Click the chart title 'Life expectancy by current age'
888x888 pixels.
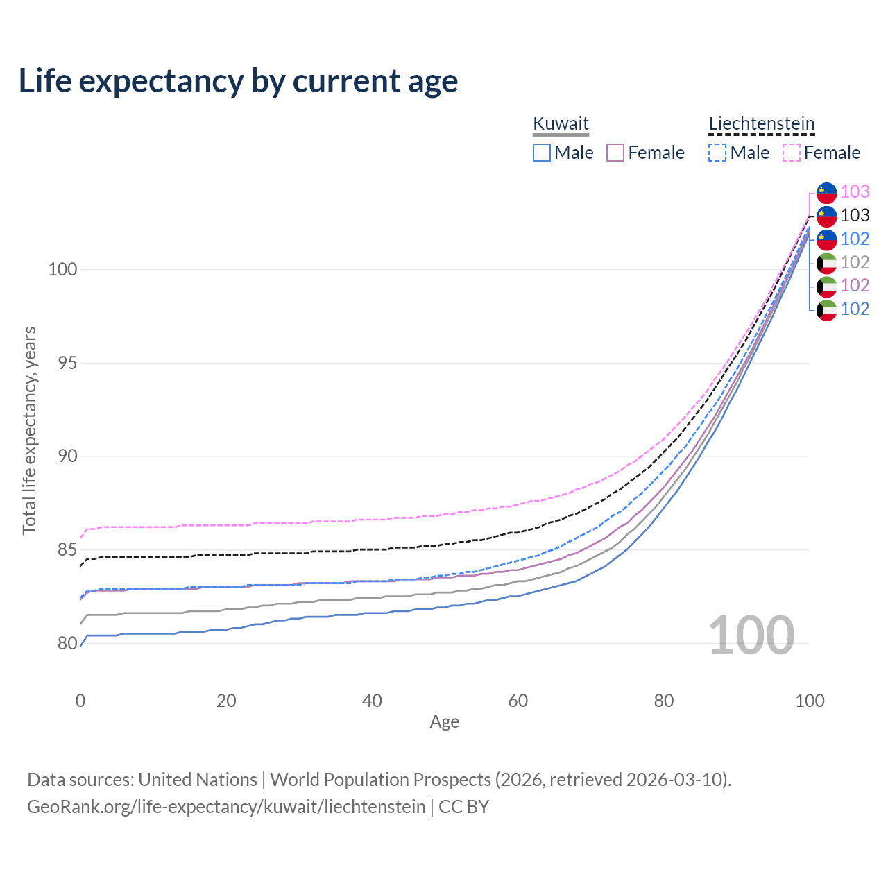point(238,81)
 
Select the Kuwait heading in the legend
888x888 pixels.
point(561,123)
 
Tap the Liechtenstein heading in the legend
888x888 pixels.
point(761,123)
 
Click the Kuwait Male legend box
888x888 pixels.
point(542,153)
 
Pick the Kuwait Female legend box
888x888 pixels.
point(615,153)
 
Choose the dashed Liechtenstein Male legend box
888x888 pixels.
point(717,153)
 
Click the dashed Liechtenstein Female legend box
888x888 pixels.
point(792,153)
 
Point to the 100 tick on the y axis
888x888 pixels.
point(62,269)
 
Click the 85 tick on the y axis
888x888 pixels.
point(67,550)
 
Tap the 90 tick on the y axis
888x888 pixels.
point(67,456)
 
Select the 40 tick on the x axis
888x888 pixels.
point(372,701)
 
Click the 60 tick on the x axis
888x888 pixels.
point(518,701)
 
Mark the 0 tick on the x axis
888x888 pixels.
point(80,701)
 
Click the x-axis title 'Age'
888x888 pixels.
point(444,722)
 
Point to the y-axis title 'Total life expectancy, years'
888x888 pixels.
point(29,430)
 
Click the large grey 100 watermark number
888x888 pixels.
point(751,635)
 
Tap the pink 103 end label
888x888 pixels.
point(855,191)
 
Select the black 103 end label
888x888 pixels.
point(855,215)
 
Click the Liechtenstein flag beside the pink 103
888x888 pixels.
point(826,193)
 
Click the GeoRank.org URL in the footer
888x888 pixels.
point(226,807)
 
